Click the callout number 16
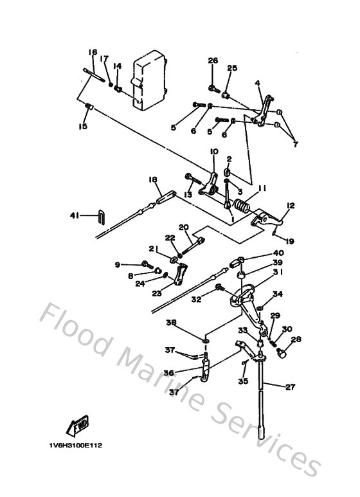coord(93,52)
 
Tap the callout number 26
coord(213,61)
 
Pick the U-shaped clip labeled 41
coord(100,215)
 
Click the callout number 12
coord(291,206)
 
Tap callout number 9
coord(118,264)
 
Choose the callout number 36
coord(169,372)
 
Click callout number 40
coord(278,253)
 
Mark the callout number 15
coord(82,127)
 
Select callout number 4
coord(257,83)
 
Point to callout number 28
coord(296,339)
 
